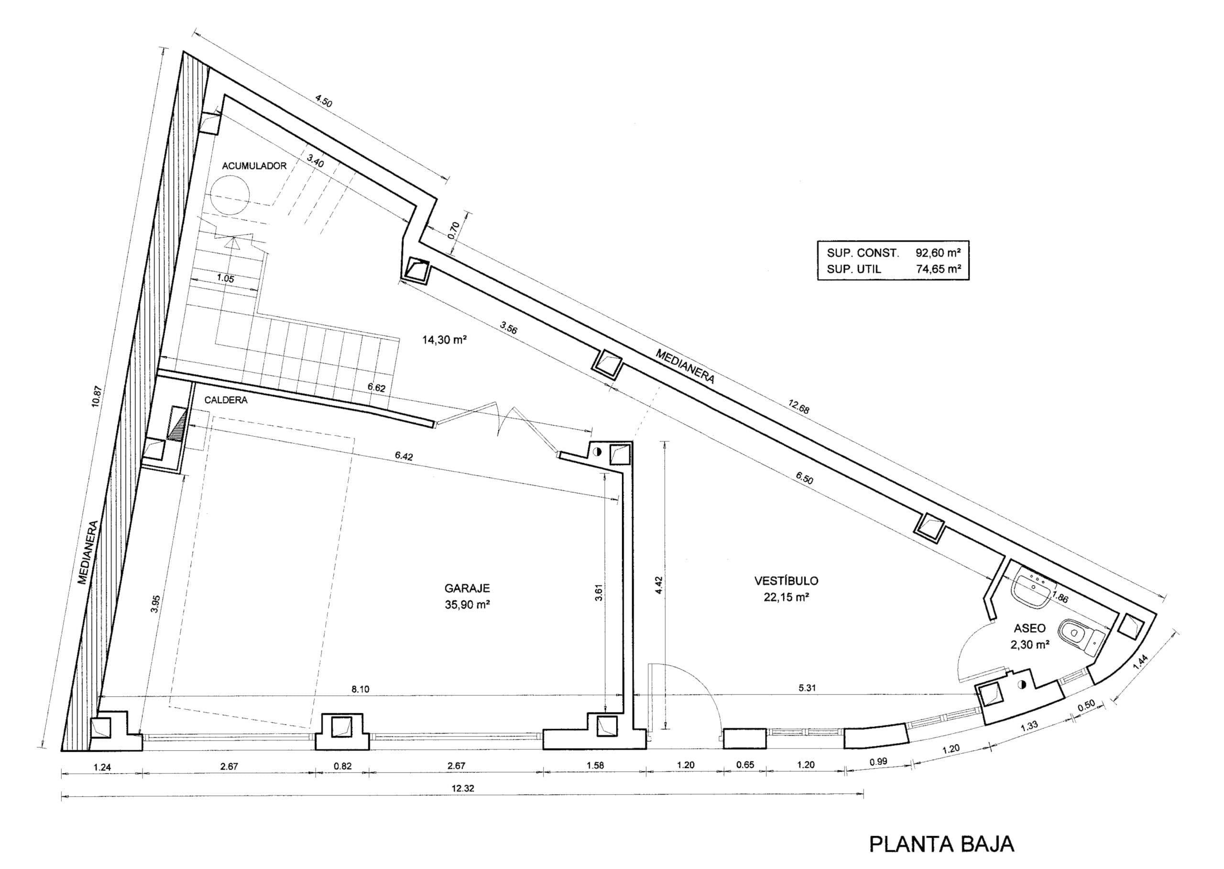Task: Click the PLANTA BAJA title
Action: [x=941, y=844]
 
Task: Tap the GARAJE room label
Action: [x=467, y=589]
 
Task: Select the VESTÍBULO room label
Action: [x=787, y=580]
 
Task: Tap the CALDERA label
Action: [x=226, y=400]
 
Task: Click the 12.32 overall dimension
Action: [x=463, y=788]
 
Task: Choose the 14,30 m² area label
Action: [x=445, y=339]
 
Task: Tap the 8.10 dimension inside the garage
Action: [x=360, y=690]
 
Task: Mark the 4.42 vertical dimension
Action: [x=660, y=585]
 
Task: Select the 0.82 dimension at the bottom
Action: [x=342, y=766]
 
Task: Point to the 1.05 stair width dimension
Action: [x=225, y=278]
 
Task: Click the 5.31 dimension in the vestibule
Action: [x=807, y=688]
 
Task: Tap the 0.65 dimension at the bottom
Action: [x=745, y=765]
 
